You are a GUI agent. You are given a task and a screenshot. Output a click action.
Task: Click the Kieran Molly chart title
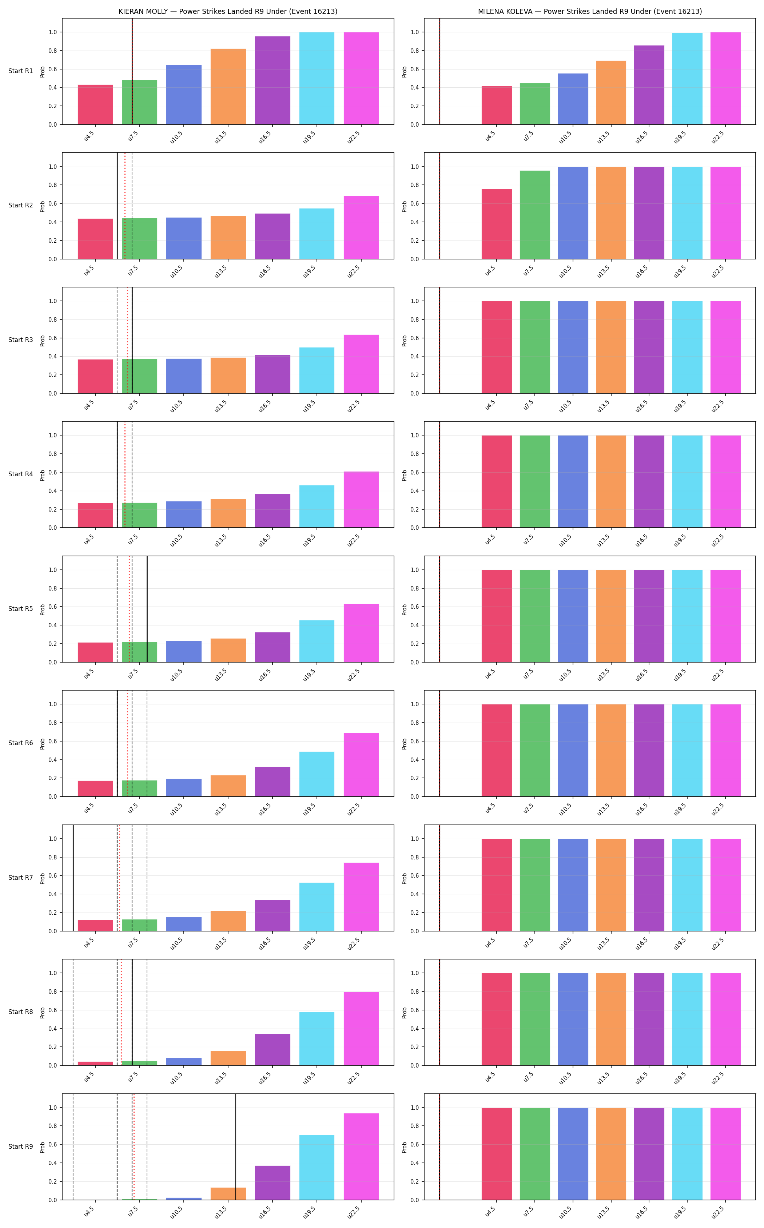pyautogui.click(x=228, y=11)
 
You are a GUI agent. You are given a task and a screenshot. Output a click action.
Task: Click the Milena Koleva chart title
pyautogui.click(x=590, y=11)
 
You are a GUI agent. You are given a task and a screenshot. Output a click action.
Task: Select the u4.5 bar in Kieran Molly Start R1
pyautogui.click(x=95, y=105)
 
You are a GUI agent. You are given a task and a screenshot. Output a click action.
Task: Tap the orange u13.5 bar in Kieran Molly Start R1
pyautogui.click(x=228, y=87)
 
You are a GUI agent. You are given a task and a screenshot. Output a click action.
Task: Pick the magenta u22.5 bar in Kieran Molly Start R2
pyautogui.click(x=361, y=227)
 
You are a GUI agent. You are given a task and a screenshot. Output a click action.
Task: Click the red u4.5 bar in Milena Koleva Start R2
pyautogui.click(x=497, y=224)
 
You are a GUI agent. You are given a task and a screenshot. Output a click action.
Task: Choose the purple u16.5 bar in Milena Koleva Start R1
pyautogui.click(x=649, y=85)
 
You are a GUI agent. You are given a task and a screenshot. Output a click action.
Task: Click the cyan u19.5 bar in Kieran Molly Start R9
pyautogui.click(x=317, y=1167)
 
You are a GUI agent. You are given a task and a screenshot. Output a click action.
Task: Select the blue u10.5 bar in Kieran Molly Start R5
pyautogui.click(x=184, y=651)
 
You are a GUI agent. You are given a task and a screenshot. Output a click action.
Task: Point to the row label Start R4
pyautogui.click(x=21, y=474)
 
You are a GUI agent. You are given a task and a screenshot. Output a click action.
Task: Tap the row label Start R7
pyautogui.click(x=21, y=877)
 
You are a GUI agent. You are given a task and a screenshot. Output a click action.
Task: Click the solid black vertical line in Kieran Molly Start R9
pyautogui.click(x=235, y=1146)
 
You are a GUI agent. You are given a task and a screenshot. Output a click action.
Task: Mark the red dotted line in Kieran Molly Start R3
pyautogui.click(x=127, y=340)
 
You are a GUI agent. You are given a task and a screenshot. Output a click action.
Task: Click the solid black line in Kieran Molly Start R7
pyautogui.click(x=73, y=878)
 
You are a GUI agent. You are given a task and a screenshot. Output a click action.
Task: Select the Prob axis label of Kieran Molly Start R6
pyautogui.click(x=43, y=743)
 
